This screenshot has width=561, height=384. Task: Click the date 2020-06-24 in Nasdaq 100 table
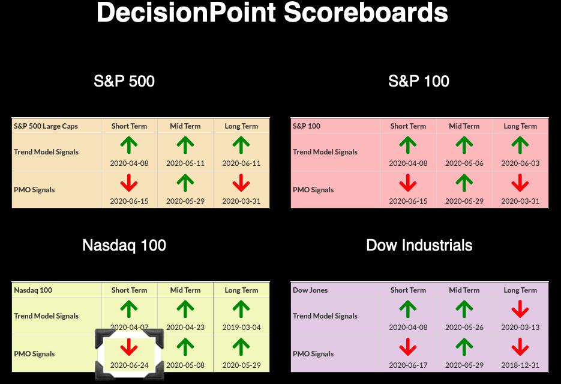(x=129, y=365)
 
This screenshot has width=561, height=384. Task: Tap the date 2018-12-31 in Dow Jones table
(x=520, y=365)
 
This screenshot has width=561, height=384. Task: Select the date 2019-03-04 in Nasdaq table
(x=242, y=327)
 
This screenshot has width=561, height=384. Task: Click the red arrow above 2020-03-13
(x=520, y=309)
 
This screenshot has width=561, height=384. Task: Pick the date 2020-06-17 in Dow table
(x=408, y=365)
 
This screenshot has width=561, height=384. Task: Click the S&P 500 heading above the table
(x=124, y=81)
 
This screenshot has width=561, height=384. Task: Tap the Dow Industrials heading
(x=419, y=245)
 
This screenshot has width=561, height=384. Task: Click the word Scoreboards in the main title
(x=365, y=13)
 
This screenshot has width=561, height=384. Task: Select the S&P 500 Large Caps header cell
(x=46, y=126)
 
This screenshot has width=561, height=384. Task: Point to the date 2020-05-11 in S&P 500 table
(x=185, y=163)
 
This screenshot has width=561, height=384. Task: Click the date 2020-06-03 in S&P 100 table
(x=520, y=163)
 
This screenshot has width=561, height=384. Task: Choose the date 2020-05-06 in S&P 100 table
(x=464, y=163)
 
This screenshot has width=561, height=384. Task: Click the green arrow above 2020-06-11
(x=241, y=145)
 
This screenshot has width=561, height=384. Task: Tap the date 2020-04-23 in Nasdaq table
(x=185, y=327)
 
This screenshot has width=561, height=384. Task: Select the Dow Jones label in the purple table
(x=310, y=290)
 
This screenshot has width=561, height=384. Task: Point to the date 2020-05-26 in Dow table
(x=464, y=327)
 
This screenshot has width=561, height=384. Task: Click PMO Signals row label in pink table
(x=313, y=190)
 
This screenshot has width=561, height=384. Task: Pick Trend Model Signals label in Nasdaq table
(x=46, y=316)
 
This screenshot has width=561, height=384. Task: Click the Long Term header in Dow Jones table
(x=520, y=290)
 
